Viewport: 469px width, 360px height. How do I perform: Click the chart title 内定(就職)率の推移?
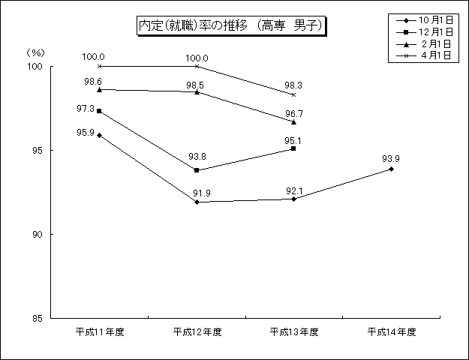point(193,25)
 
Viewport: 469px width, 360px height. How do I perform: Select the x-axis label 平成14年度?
point(392,332)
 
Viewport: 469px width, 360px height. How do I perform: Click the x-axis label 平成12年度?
point(197,332)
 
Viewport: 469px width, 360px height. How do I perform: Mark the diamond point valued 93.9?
point(391,169)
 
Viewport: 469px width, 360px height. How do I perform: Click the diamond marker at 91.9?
point(197,202)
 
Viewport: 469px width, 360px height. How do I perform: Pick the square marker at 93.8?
point(197,170)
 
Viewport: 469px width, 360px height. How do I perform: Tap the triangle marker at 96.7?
point(293,122)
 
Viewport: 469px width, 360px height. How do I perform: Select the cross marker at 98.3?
point(293,94)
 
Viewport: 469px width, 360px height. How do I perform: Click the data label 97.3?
point(86,109)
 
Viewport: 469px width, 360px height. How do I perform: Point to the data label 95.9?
point(86,133)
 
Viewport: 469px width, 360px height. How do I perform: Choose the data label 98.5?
point(195,85)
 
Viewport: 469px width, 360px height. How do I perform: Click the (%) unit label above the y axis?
point(35,53)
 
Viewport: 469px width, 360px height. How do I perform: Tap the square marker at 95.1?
point(293,148)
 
